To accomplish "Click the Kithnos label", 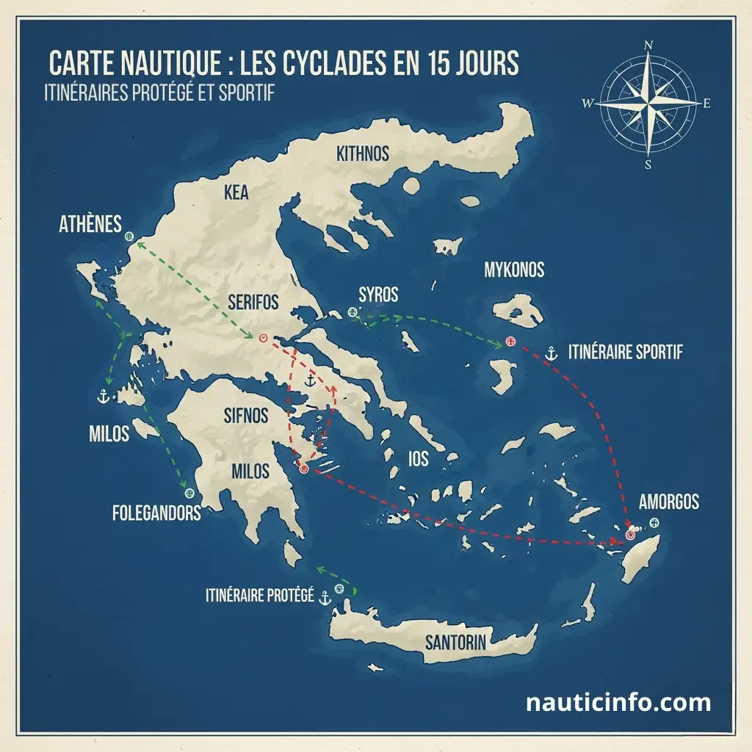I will click(362, 154).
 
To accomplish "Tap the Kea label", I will click(236, 193).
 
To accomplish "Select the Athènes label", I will click(90, 225).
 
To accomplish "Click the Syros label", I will click(378, 295).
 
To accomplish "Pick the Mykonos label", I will click(514, 270).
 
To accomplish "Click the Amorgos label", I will click(668, 503).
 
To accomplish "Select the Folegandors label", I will click(156, 513).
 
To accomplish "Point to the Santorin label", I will click(455, 643).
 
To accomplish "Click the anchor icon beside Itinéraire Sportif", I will click(553, 353).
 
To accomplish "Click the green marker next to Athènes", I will click(130, 236).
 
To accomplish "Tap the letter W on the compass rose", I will click(587, 104).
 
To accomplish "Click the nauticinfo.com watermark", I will click(618, 703).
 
